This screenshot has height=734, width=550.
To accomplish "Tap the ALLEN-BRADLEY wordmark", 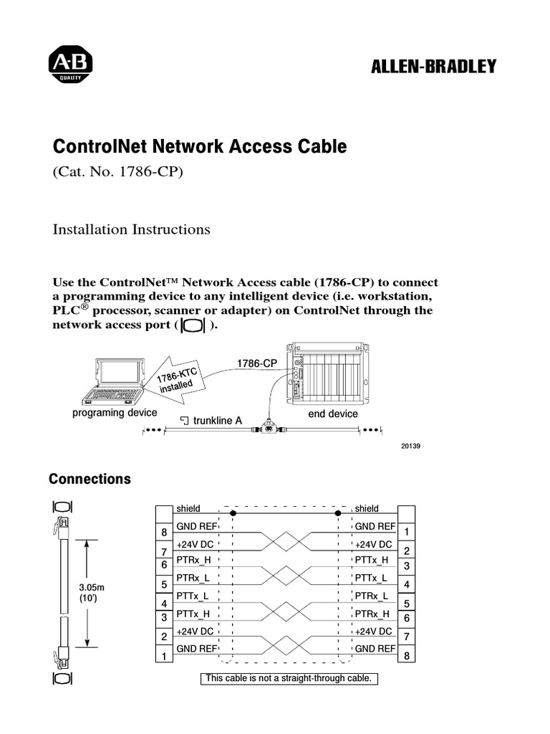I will (433, 67).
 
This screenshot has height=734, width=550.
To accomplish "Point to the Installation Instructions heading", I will (132, 229).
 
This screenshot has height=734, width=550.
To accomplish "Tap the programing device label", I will (115, 414).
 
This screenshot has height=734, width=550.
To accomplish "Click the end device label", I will (333, 414).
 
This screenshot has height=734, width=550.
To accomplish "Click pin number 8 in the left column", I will (164, 533).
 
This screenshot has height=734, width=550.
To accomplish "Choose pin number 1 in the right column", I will (406, 533).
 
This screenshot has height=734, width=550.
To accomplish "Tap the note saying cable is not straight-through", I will (288, 678).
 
